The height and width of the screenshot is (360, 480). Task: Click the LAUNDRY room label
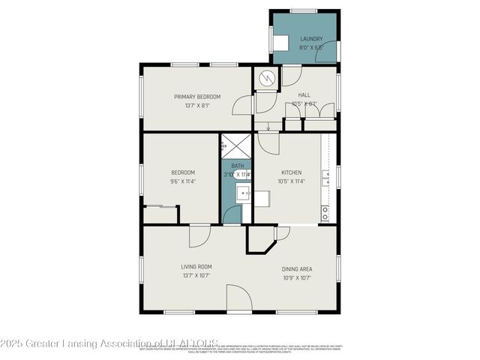tap(311, 38)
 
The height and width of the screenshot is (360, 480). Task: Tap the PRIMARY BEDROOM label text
tap(197, 97)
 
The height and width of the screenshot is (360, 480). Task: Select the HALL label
tap(304, 95)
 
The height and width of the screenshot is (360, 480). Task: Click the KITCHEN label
tap(291, 172)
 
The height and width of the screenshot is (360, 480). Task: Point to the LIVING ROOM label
tap(196, 266)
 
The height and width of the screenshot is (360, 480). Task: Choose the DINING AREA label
tap(296, 268)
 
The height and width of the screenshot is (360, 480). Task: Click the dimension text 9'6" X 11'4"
tap(183, 181)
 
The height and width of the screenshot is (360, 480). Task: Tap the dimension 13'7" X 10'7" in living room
tap(196, 275)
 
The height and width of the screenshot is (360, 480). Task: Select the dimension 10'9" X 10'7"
tap(296, 277)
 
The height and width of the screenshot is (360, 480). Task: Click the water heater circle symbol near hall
tap(266, 79)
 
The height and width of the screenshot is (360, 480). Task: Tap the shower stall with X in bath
tap(236, 146)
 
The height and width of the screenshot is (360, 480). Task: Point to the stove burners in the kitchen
tap(325, 213)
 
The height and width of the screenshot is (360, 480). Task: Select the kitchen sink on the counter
tap(325, 178)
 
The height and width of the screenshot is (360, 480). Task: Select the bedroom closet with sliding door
tap(160, 214)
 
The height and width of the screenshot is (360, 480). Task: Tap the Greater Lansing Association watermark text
tap(109, 343)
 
